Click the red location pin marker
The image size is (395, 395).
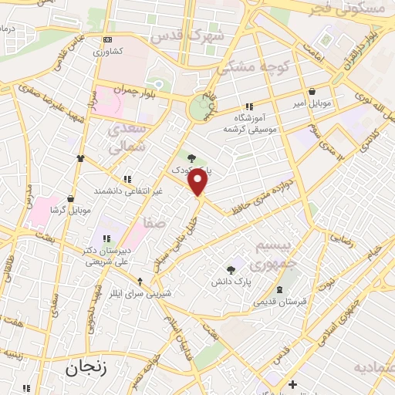click(x=198, y=182)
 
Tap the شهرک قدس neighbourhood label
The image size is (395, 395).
click(x=189, y=35)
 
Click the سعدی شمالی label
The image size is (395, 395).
click(x=126, y=137)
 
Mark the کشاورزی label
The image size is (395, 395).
click(x=107, y=52)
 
